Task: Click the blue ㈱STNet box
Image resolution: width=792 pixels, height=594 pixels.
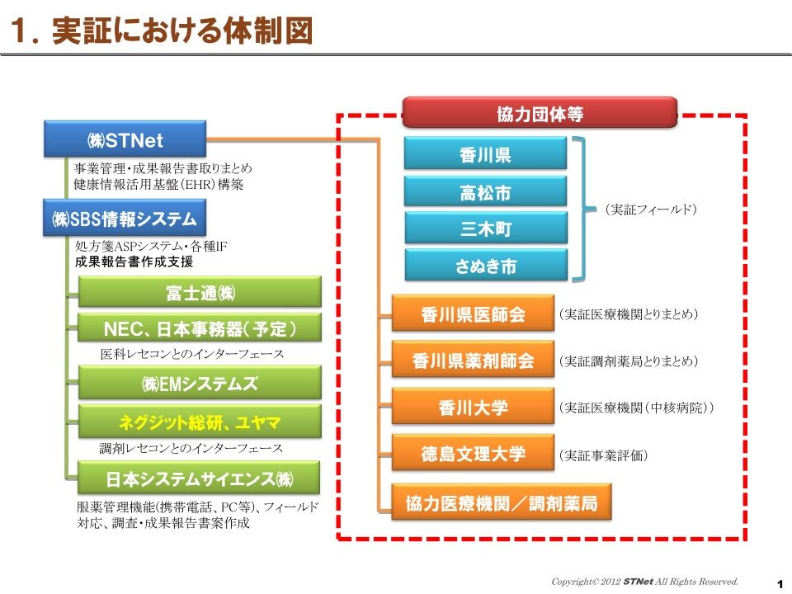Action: click(125, 139)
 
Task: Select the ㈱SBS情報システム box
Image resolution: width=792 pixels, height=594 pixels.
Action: click(125, 218)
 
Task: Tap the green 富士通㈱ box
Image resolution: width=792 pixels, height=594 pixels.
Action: click(200, 292)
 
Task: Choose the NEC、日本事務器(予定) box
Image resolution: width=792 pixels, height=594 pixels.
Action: click(200, 328)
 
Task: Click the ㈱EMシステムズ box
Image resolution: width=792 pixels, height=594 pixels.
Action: click(200, 384)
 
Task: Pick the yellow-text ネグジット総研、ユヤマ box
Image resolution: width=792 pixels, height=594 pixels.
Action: click(200, 422)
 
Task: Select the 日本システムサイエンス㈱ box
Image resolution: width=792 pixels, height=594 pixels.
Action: click(199, 478)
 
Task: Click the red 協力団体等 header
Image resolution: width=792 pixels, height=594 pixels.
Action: click(540, 113)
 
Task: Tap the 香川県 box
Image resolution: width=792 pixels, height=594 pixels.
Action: click(485, 153)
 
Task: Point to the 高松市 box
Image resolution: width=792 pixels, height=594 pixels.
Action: click(485, 191)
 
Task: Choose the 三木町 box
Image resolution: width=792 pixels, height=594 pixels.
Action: click(486, 229)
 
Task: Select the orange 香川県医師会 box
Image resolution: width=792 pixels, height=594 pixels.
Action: click(474, 313)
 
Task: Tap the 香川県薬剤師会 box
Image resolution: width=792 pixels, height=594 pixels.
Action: click(474, 360)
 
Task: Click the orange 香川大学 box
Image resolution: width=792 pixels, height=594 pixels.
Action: click(474, 407)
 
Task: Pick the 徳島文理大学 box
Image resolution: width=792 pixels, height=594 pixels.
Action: click(474, 453)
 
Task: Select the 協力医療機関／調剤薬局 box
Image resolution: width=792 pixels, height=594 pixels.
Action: click(502, 502)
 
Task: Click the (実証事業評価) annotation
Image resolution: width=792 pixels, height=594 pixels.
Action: click(602, 455)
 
